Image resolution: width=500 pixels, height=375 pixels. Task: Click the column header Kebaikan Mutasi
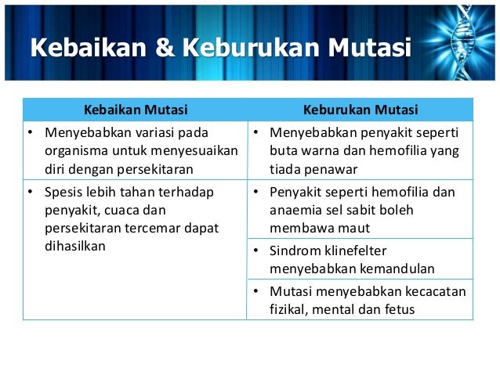(x=136, y=109)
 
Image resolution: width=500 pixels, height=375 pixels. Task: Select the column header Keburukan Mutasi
(x=361, y=109)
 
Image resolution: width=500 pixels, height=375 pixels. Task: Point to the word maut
(x=357, y=228)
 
